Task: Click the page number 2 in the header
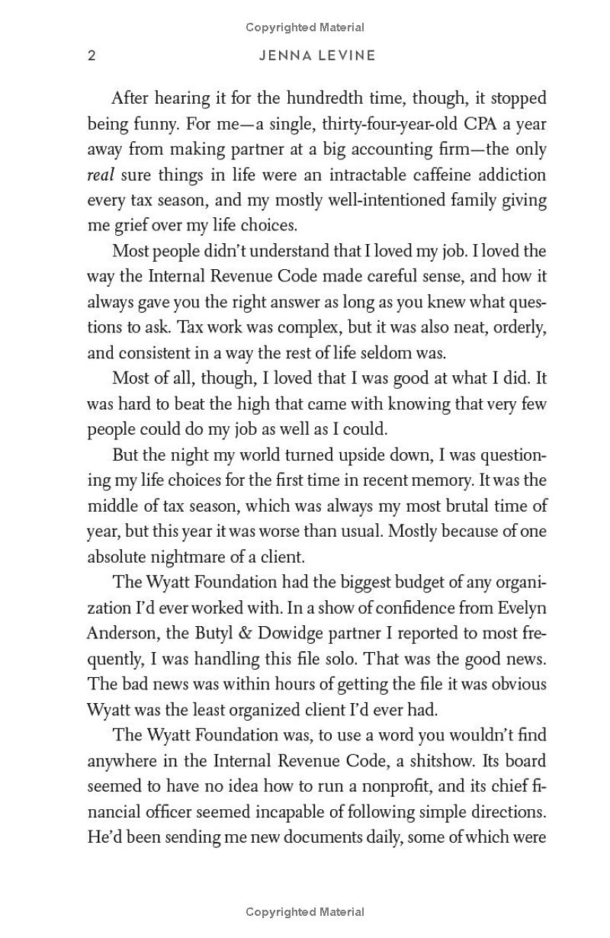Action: [92, 56]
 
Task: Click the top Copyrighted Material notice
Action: [305, 27]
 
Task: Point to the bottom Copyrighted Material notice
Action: [305, 911]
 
